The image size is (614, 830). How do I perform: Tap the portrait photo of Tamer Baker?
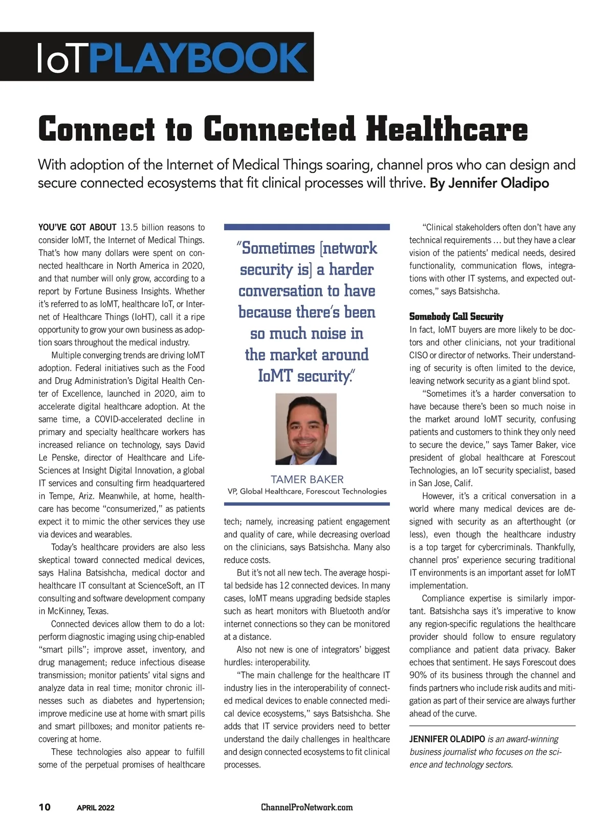[x=306, y=429]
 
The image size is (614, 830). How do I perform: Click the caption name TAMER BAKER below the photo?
[x=307, y=479]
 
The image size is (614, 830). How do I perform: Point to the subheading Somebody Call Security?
[x=456, y=316]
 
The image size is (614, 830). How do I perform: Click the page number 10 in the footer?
[x=45, y=807]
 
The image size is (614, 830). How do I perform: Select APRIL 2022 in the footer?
[x=96, y=807]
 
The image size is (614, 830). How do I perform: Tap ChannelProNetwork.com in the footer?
[x=307, y=807]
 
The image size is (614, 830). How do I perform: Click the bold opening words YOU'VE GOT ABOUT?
[x=77, y=227]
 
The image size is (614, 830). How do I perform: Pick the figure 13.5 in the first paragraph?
[x=129, y=227]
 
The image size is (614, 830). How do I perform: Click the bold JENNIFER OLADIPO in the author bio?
[x=447, y=739]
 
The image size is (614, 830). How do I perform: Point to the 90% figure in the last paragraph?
[x=419, y=675]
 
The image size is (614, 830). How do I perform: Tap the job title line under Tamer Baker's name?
[x=307, y=492]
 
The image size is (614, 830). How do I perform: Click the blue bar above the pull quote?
[x=307, y=226]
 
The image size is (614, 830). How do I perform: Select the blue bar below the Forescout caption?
[x=307, y=504]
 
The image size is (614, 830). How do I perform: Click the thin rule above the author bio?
[x=492, y=726]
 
